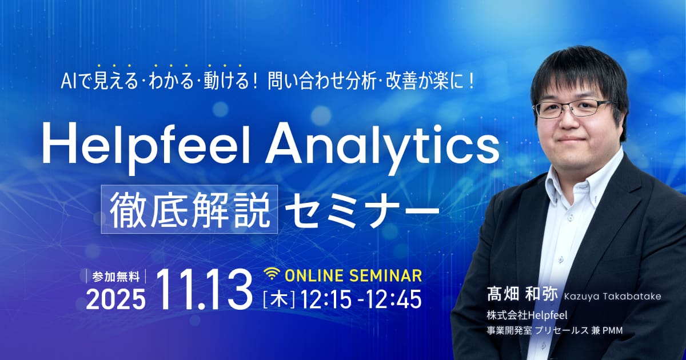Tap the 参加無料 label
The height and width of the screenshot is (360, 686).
coord(115,277)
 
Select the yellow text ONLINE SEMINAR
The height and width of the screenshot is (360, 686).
coord(353,275)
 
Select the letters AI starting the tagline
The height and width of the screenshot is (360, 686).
coord(66,81)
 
